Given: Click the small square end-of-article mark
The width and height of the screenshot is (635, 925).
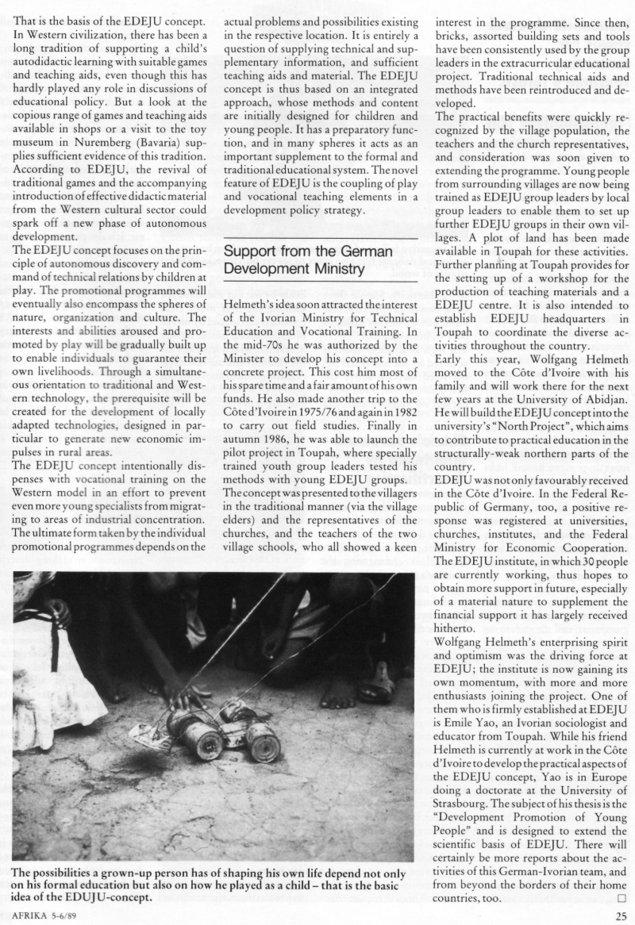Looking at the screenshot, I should [622, 899].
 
